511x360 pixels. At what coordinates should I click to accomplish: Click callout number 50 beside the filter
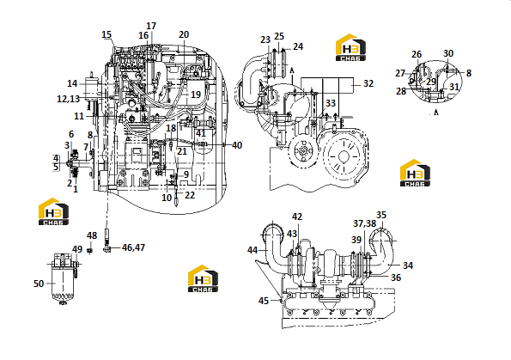click(x=39, y=284)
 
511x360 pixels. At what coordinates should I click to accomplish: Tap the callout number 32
click(x=368, y=83)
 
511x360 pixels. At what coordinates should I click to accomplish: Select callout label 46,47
click(x=133, y=247)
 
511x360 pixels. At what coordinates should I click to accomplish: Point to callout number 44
click(x=252, y=250)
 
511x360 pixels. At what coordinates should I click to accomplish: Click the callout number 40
click(x=237, y=145)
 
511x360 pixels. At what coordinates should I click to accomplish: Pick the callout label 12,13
click(x=69, y=99)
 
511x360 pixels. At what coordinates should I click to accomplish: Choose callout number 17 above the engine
click(x=151, y=26)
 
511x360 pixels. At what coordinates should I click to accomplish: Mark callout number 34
click(x=408, y=265)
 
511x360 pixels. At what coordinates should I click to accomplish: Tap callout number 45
click(x=264, y=301)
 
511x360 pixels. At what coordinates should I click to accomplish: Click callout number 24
click(x=298, y=46)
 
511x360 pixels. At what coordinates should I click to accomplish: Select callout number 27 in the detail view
click(x=400, y=73)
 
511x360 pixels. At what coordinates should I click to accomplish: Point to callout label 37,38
click(x=365, y=223)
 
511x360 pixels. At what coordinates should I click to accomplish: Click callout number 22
click(x=190, y=195)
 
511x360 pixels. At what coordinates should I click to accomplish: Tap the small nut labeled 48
click(x=91, y=250)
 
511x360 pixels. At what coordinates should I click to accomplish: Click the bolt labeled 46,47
click(x=107, y=240)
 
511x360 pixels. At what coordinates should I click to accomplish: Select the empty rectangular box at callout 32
click(x=327, y=84)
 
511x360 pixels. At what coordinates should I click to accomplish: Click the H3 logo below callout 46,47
click(x=203, y=278)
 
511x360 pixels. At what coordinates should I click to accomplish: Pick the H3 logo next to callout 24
click(x=350, y=47)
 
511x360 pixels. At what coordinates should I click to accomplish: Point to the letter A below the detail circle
click(x=436, y=113)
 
